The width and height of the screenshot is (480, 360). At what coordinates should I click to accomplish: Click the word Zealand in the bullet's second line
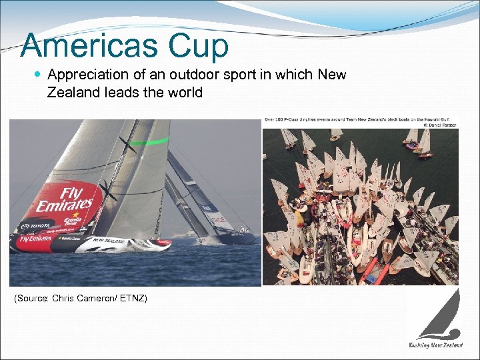point(73,93)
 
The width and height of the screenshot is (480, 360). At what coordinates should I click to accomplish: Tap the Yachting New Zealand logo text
point(435,345)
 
